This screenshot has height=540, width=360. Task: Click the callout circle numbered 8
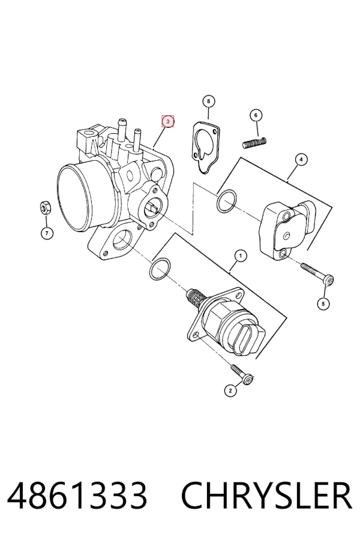click(x=208, y=101)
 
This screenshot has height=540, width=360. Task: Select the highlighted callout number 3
click(x=168, y=121)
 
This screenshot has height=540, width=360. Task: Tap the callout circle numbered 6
click(x=256, y=115)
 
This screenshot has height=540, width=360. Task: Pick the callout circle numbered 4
click(x=301, y=160)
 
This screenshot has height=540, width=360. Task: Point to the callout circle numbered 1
click(x=241, y=256)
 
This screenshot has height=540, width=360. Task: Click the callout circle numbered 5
click(x=323, y=304)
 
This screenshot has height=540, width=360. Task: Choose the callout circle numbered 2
click(x=230, y=390)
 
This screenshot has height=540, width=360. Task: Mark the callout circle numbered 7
click(x=47, y=233)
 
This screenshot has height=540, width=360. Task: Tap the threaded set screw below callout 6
click(x=255, y=143)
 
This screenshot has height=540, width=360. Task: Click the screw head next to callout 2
click(x=248, y=380)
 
